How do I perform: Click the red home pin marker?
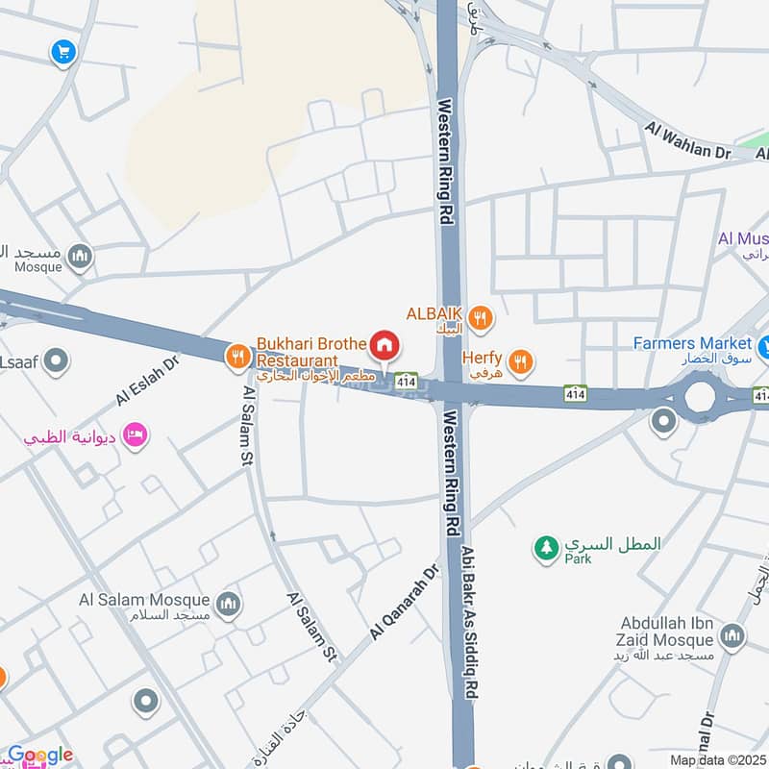coord(385,344)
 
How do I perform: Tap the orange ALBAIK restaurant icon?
coord(481,316)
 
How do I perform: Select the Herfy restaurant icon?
coord(520,361)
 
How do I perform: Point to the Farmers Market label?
coord(692,343)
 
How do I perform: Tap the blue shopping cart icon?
coord(63,52)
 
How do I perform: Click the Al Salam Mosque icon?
coord(228,604)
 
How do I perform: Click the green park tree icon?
coord(546,548)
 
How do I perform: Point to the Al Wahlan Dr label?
coord(688,140)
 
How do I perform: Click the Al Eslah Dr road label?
coord(147,382)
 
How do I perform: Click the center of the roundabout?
coord(700,395)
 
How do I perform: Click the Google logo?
coord(39,756)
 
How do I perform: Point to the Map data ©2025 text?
coord(717,759)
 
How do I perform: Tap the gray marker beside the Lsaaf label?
coord(57,361)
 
